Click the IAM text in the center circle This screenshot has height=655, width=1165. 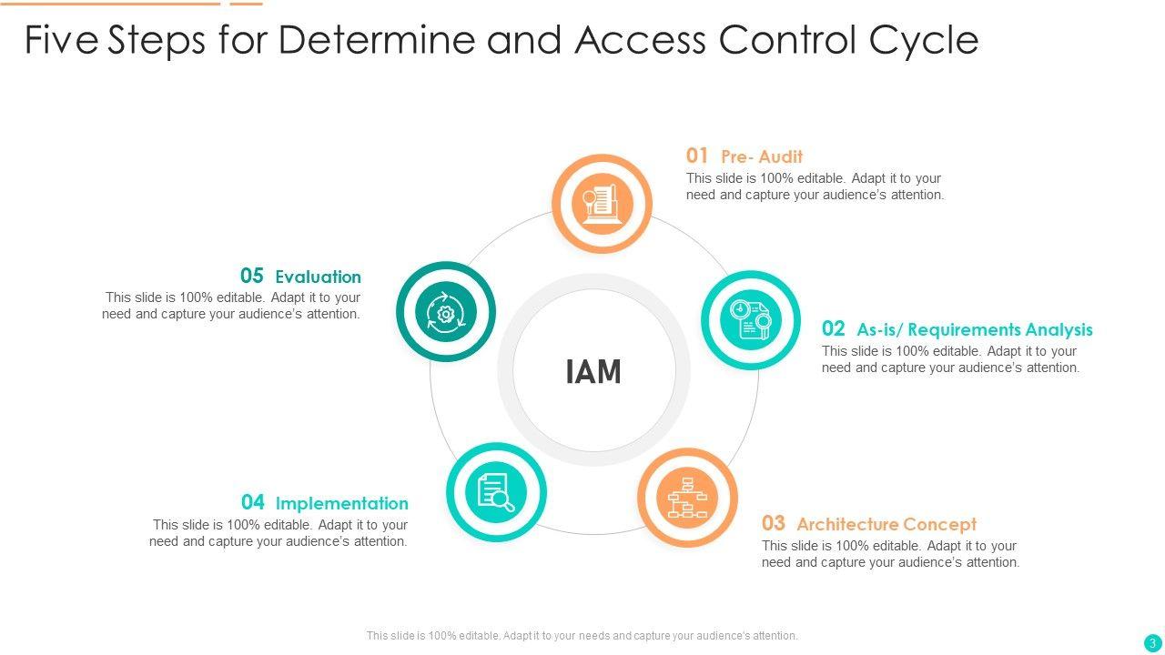pos(593,372)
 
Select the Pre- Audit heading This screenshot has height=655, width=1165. pos(761,156)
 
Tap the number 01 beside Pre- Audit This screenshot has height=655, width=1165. pos(697,156)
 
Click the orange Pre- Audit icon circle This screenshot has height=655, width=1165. pos(602,204)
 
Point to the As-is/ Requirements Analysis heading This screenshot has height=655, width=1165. pos(974,329)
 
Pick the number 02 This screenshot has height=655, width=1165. pos(833,328)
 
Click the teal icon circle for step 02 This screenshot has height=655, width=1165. pos(751,319)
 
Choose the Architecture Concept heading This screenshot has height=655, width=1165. pos(886,524)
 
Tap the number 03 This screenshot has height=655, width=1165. pos(773,523)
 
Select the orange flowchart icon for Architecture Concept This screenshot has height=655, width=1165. pos(687,498)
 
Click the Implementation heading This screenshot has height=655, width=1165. pos(341,503)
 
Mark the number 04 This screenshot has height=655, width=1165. pos(253,502)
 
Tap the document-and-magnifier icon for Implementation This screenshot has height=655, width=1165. pos(496,492)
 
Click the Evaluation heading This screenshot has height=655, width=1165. pos(318,277)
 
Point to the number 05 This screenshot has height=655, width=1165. pos(252,276)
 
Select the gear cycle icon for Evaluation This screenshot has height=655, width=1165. pos(446,312)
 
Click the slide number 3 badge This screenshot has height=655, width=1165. pos(1152,642)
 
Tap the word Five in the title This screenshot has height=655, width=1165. pos(61,39)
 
